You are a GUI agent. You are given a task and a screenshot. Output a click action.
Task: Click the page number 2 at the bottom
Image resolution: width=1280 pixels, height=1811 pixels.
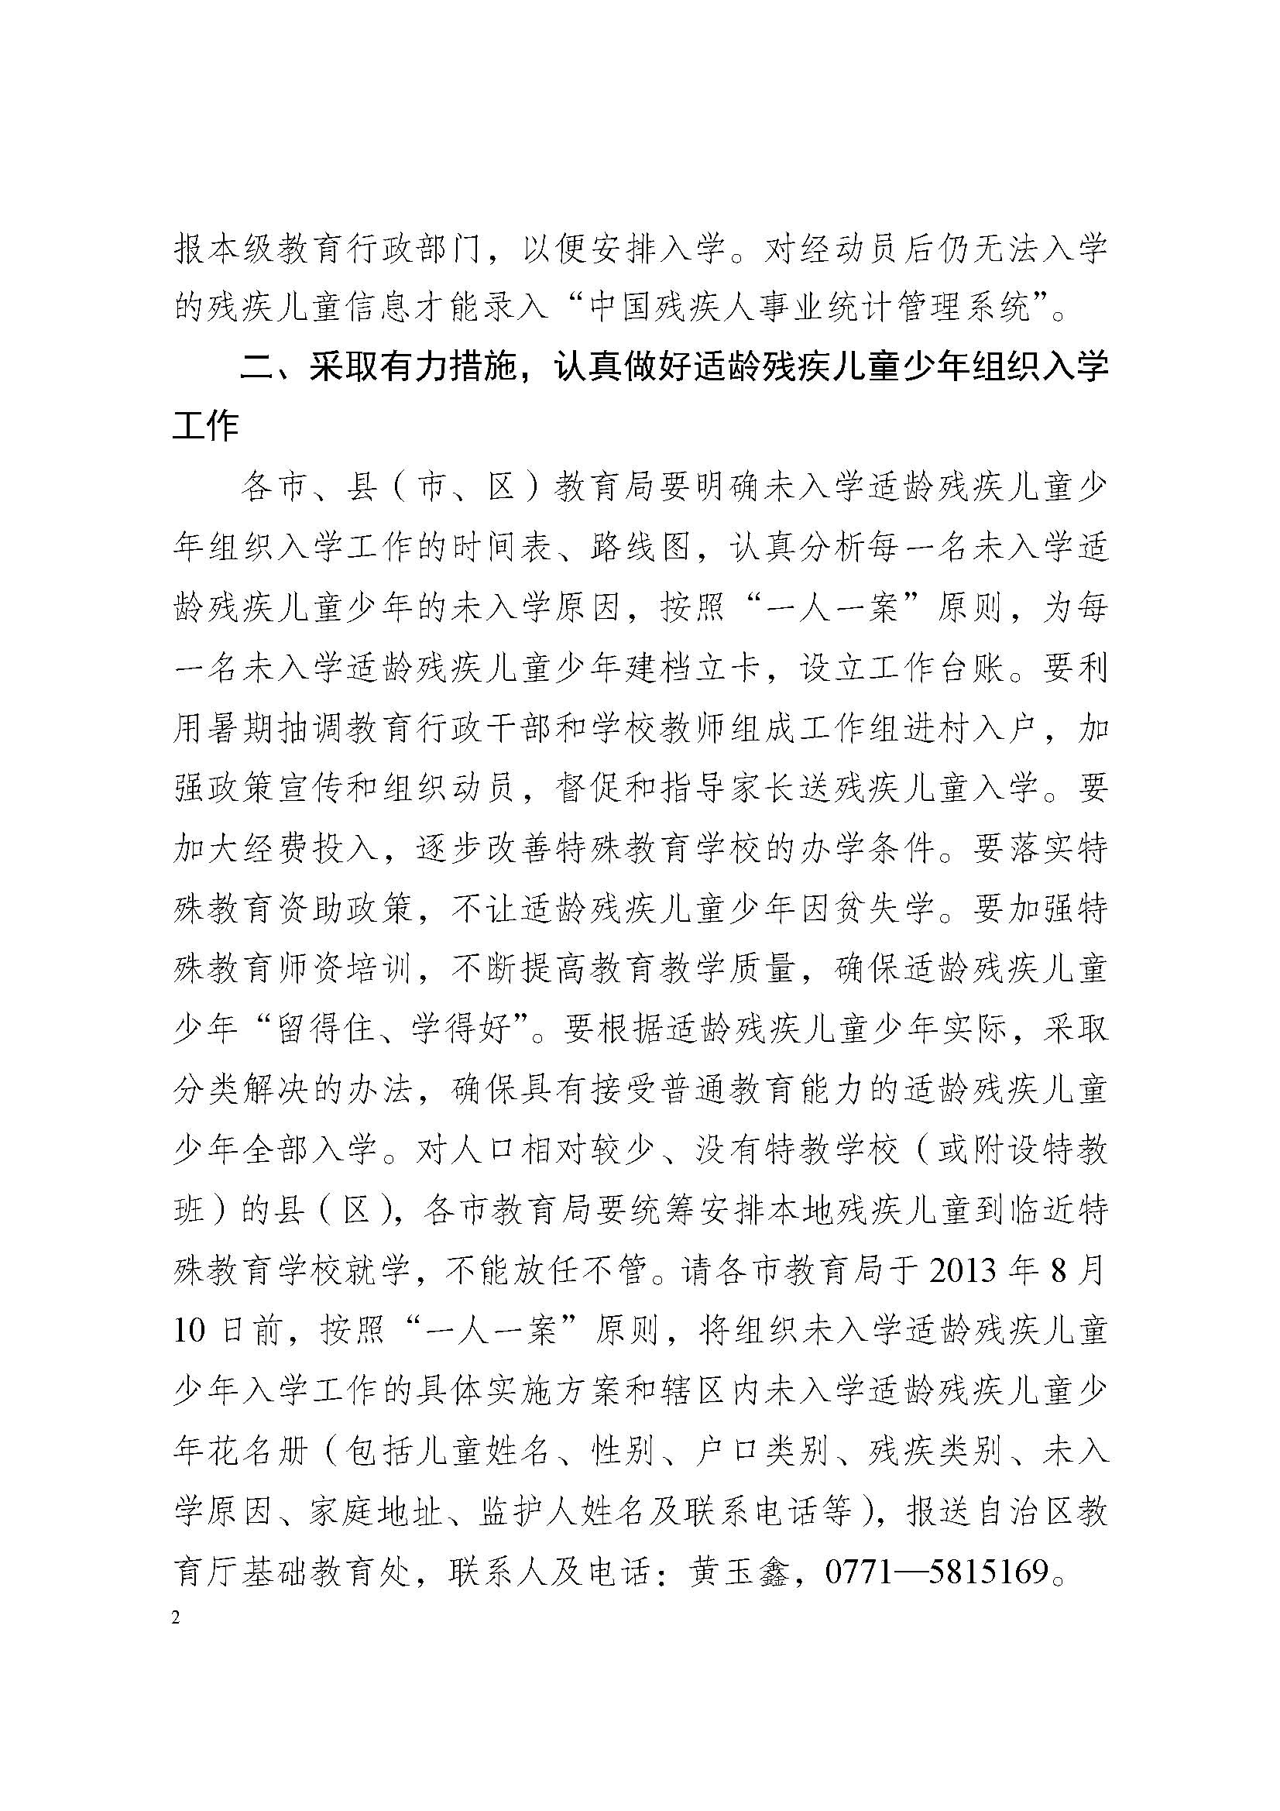(x=176, y=1618)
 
